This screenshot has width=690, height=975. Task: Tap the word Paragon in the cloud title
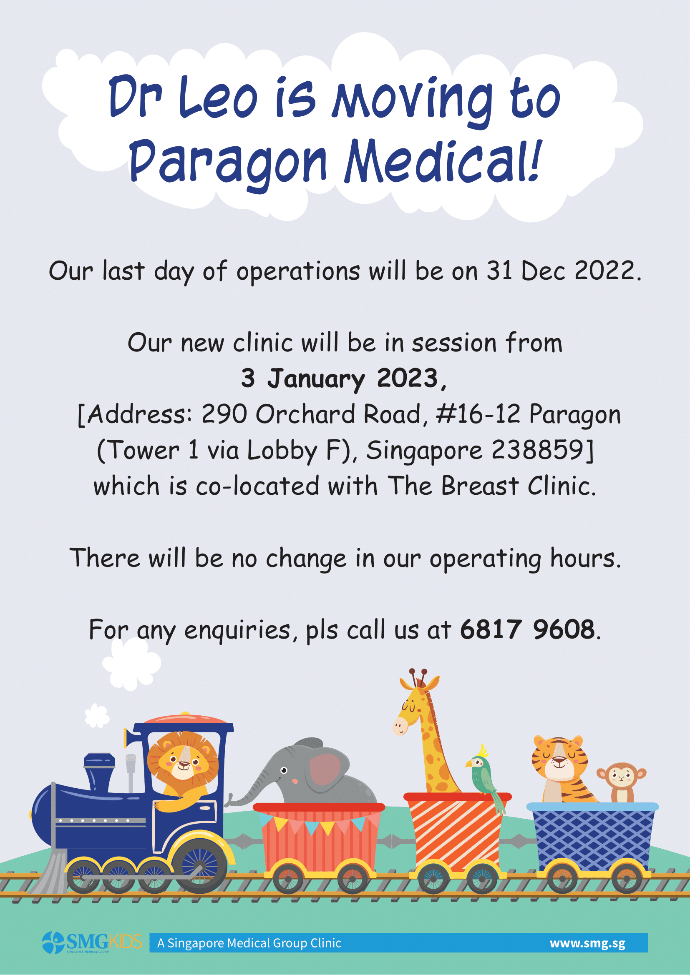click(228, 163)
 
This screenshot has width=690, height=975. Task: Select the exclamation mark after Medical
click(536, 159)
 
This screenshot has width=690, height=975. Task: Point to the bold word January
click(316, 378)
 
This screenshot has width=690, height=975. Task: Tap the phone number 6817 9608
click(527, 629)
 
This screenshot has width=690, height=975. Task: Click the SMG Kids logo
click(92, 942)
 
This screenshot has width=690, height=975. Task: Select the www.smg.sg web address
click(588, 943)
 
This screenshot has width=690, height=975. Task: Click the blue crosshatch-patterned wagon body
click(593, 838)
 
